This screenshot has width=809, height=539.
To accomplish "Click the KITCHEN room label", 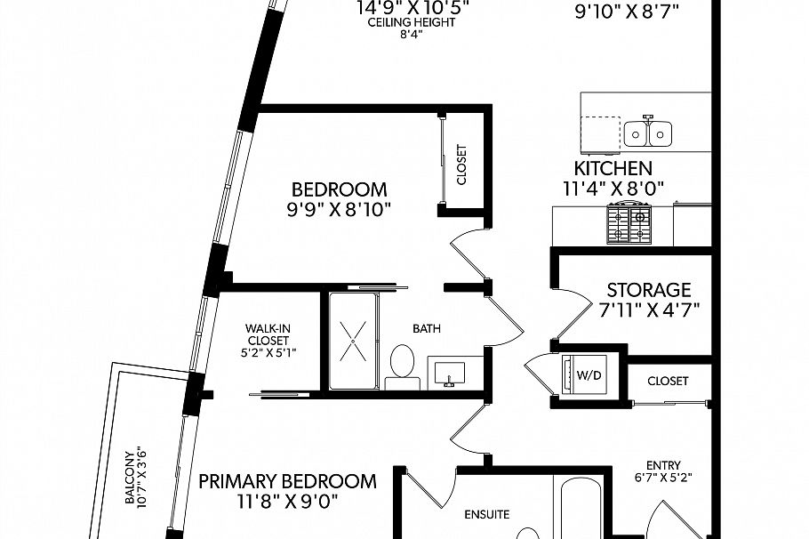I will pyautogui.click(x=613, y=168).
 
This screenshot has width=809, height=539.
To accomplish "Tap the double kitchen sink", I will pyautogui.click(x=647, y=133).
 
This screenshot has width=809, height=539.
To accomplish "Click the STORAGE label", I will pyautogui.click(x=648, y=290).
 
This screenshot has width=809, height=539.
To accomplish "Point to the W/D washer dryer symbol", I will pyautogui.click(x=589, y=374).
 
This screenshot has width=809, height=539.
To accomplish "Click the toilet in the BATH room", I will pyautogui.click(x=403, y=366).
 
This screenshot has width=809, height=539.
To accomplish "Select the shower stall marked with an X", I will pyautogui.click(x=353, y=340).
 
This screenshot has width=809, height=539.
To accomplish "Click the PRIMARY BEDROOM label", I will pyautogui.click(x=287, y=481).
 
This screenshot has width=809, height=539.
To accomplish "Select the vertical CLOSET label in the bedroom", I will pyautogui.click(x=461, y=165).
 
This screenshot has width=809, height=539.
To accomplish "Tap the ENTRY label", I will pyautogui.click(x=663, y=465).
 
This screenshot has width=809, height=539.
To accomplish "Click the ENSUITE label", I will pyautogui.click(x=487, y=514).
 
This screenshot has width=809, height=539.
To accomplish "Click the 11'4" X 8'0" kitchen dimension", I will pyautogui.click(x=613, y=189).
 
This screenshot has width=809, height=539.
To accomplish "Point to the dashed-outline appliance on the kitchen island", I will pyautogui.click(x=600, y=134).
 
